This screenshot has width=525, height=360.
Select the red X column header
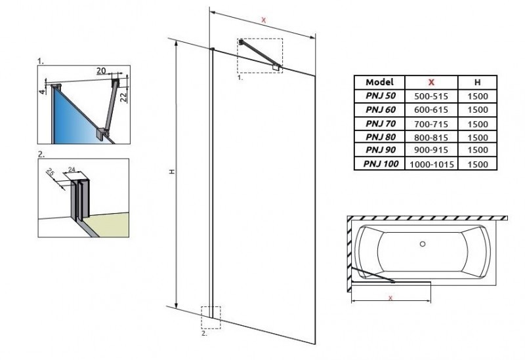pyautogui.click(x=430, y=83)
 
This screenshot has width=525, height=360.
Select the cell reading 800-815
pyautogui.click(x=430, y=137)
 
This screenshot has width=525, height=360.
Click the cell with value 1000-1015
pyautogui.click(x=430, y=164)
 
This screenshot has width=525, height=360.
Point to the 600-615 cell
pyautogui.click(x=430, y=110)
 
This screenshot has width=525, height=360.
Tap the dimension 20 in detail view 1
pyautogui.click(x=101, y=70)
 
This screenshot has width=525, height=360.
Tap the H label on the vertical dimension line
pyautogui.click(x=171, y=172)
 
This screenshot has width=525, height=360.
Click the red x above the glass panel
pyautogui.click(x=263, y=20)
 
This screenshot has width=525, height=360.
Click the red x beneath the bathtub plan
pyautogui.click(x=390, y=298)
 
